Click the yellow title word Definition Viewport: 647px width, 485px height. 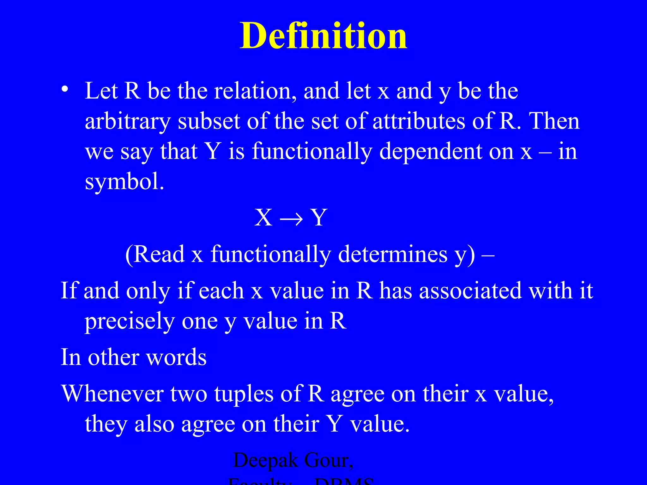coord(323,36)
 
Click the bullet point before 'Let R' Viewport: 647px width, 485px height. coord(65,89)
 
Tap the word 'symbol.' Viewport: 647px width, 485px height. coord(124,182)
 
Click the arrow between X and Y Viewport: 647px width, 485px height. coord(291,218)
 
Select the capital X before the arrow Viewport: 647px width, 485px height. coord(263,218)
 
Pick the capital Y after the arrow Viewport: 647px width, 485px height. coord(318,218)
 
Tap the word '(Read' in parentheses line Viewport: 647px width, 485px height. coord(155,254)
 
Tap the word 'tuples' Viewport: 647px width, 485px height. coord(244,395)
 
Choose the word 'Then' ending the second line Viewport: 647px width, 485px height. coord(554,121)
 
